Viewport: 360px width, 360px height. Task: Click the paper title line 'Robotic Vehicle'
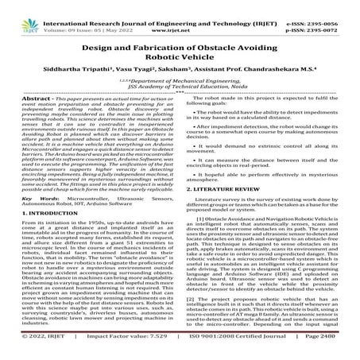[180, 58]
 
